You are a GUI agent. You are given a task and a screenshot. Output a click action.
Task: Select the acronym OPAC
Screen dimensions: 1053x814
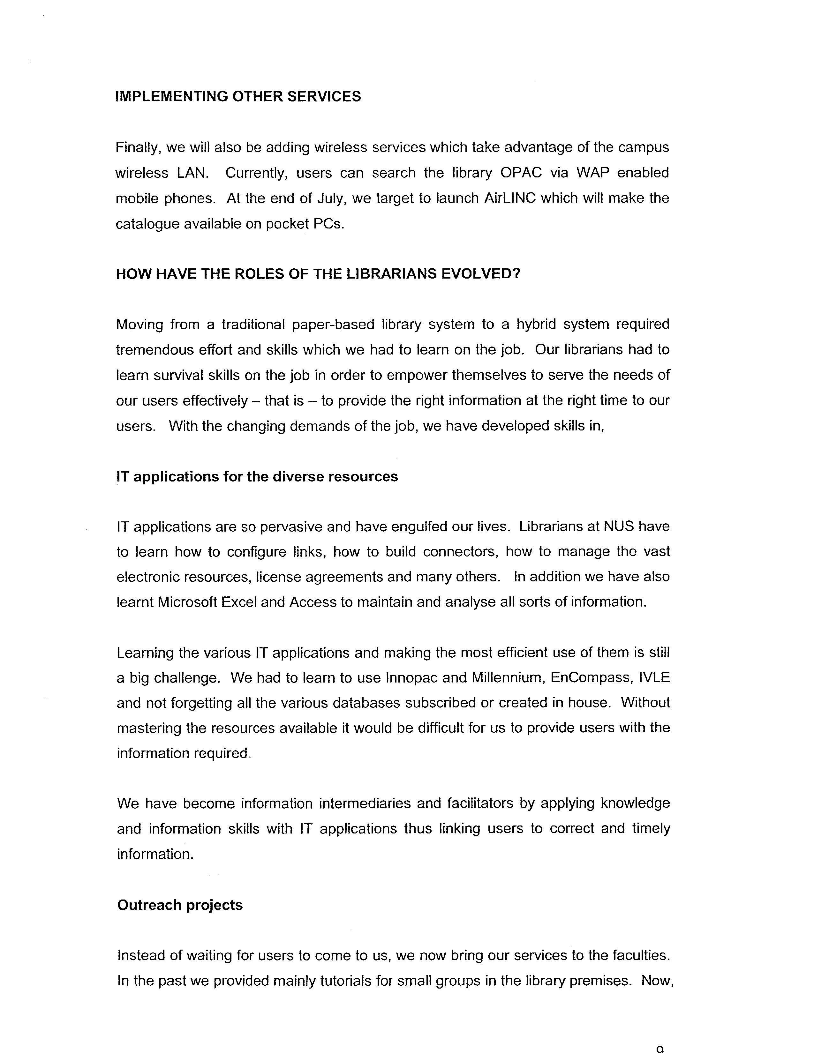[521, 173]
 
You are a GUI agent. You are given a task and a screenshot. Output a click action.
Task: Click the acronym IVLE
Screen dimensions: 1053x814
[654, 677]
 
